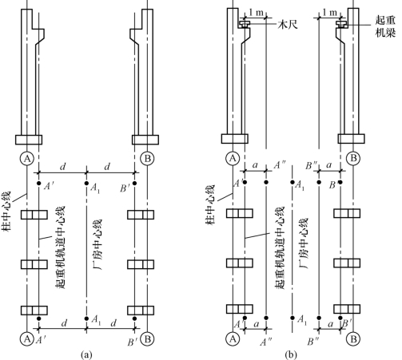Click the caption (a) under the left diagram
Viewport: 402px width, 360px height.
coord(86,354)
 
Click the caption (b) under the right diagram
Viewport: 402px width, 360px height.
coord(291,354)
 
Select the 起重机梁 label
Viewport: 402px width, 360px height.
coord(385,26)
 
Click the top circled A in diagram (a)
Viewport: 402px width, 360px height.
coord(27,159)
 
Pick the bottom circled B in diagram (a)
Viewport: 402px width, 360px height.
coord(147,339)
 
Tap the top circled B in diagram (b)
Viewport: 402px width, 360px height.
coord(353,158)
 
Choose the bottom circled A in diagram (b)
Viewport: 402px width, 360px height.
coord(233,339)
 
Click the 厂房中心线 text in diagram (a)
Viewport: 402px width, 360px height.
coord(98,244)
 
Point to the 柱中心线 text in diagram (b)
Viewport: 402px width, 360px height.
coord(210,204)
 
